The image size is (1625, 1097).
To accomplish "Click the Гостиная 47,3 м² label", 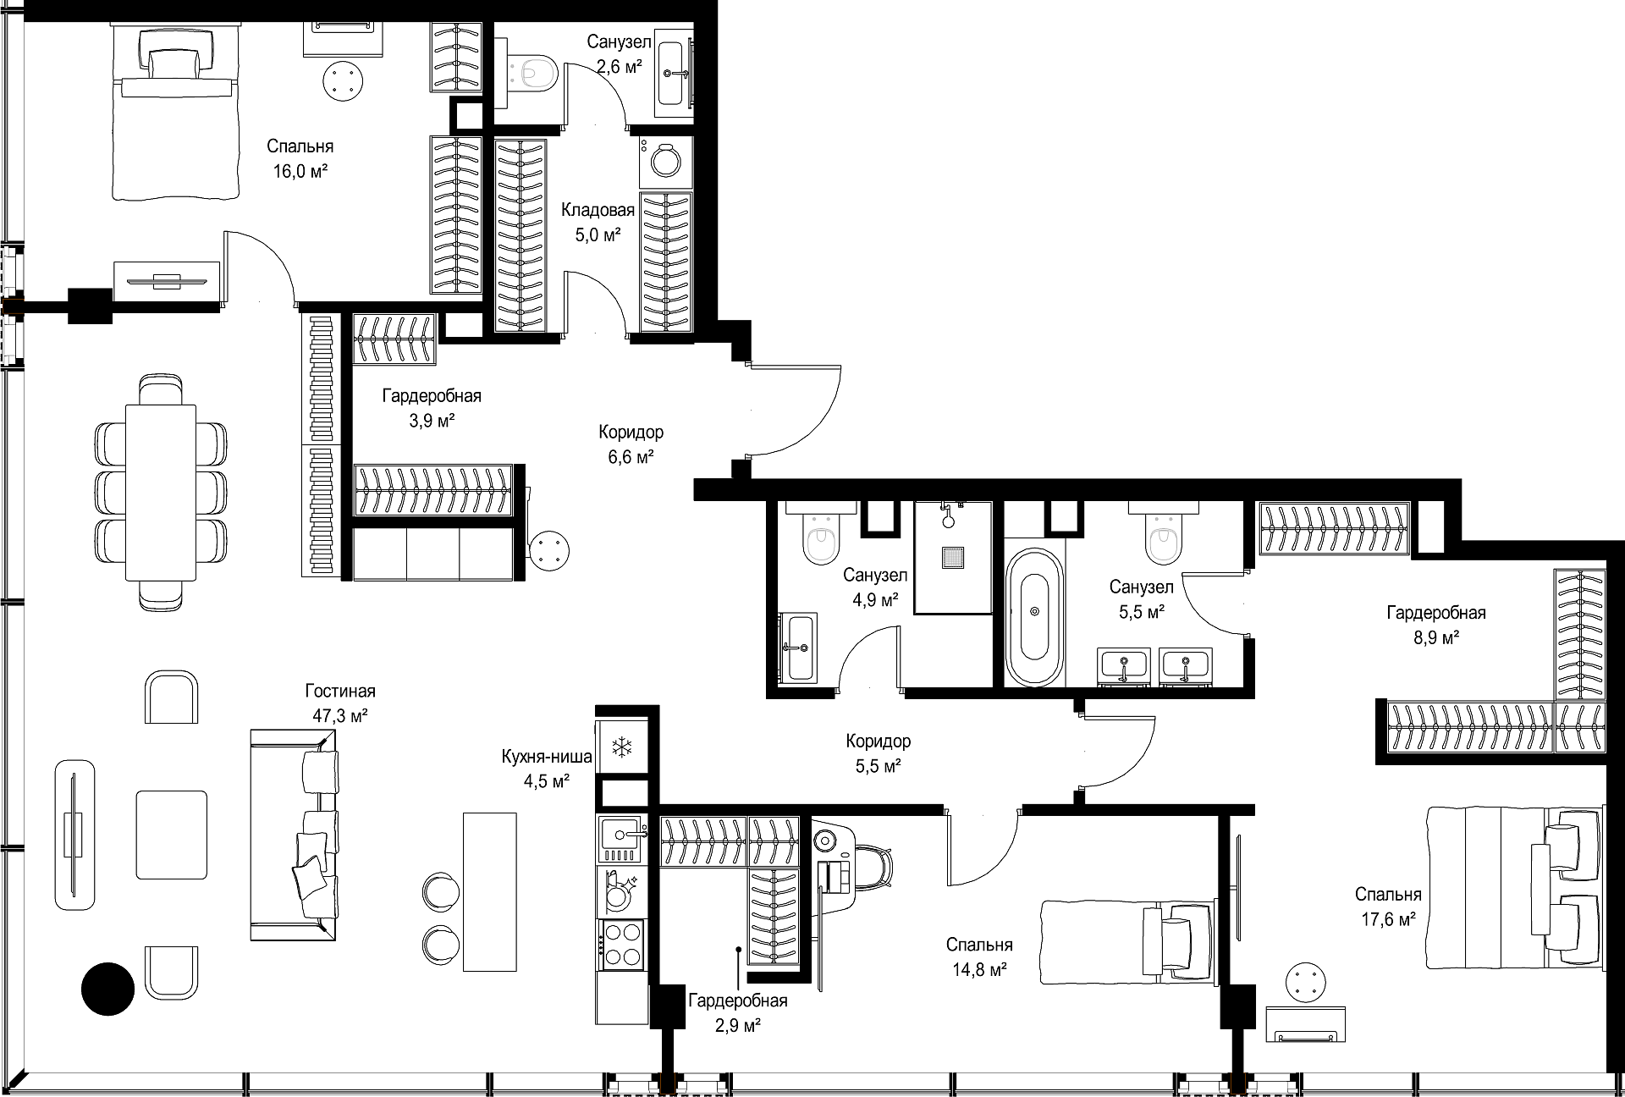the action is (340, 703).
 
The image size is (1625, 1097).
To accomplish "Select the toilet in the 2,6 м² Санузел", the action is (532, 72).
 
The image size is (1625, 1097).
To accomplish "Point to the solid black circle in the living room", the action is (108, 988).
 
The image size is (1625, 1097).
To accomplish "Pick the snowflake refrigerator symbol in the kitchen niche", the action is (623, 747).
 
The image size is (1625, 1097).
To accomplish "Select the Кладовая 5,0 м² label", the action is (598, 223).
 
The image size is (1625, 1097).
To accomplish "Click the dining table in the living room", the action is (161, 492).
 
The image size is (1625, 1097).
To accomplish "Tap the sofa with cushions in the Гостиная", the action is (294, 835).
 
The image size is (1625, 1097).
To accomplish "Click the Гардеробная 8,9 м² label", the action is (1435, 625).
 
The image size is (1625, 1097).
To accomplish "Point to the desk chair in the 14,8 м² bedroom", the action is (872, 865).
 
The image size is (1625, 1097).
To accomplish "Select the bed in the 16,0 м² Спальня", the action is (174, 113).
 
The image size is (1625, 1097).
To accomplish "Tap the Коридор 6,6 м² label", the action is (631, 444).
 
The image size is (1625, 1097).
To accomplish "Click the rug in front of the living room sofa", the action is (172, 835).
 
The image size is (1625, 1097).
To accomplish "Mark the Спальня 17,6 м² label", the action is (1388, 907).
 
